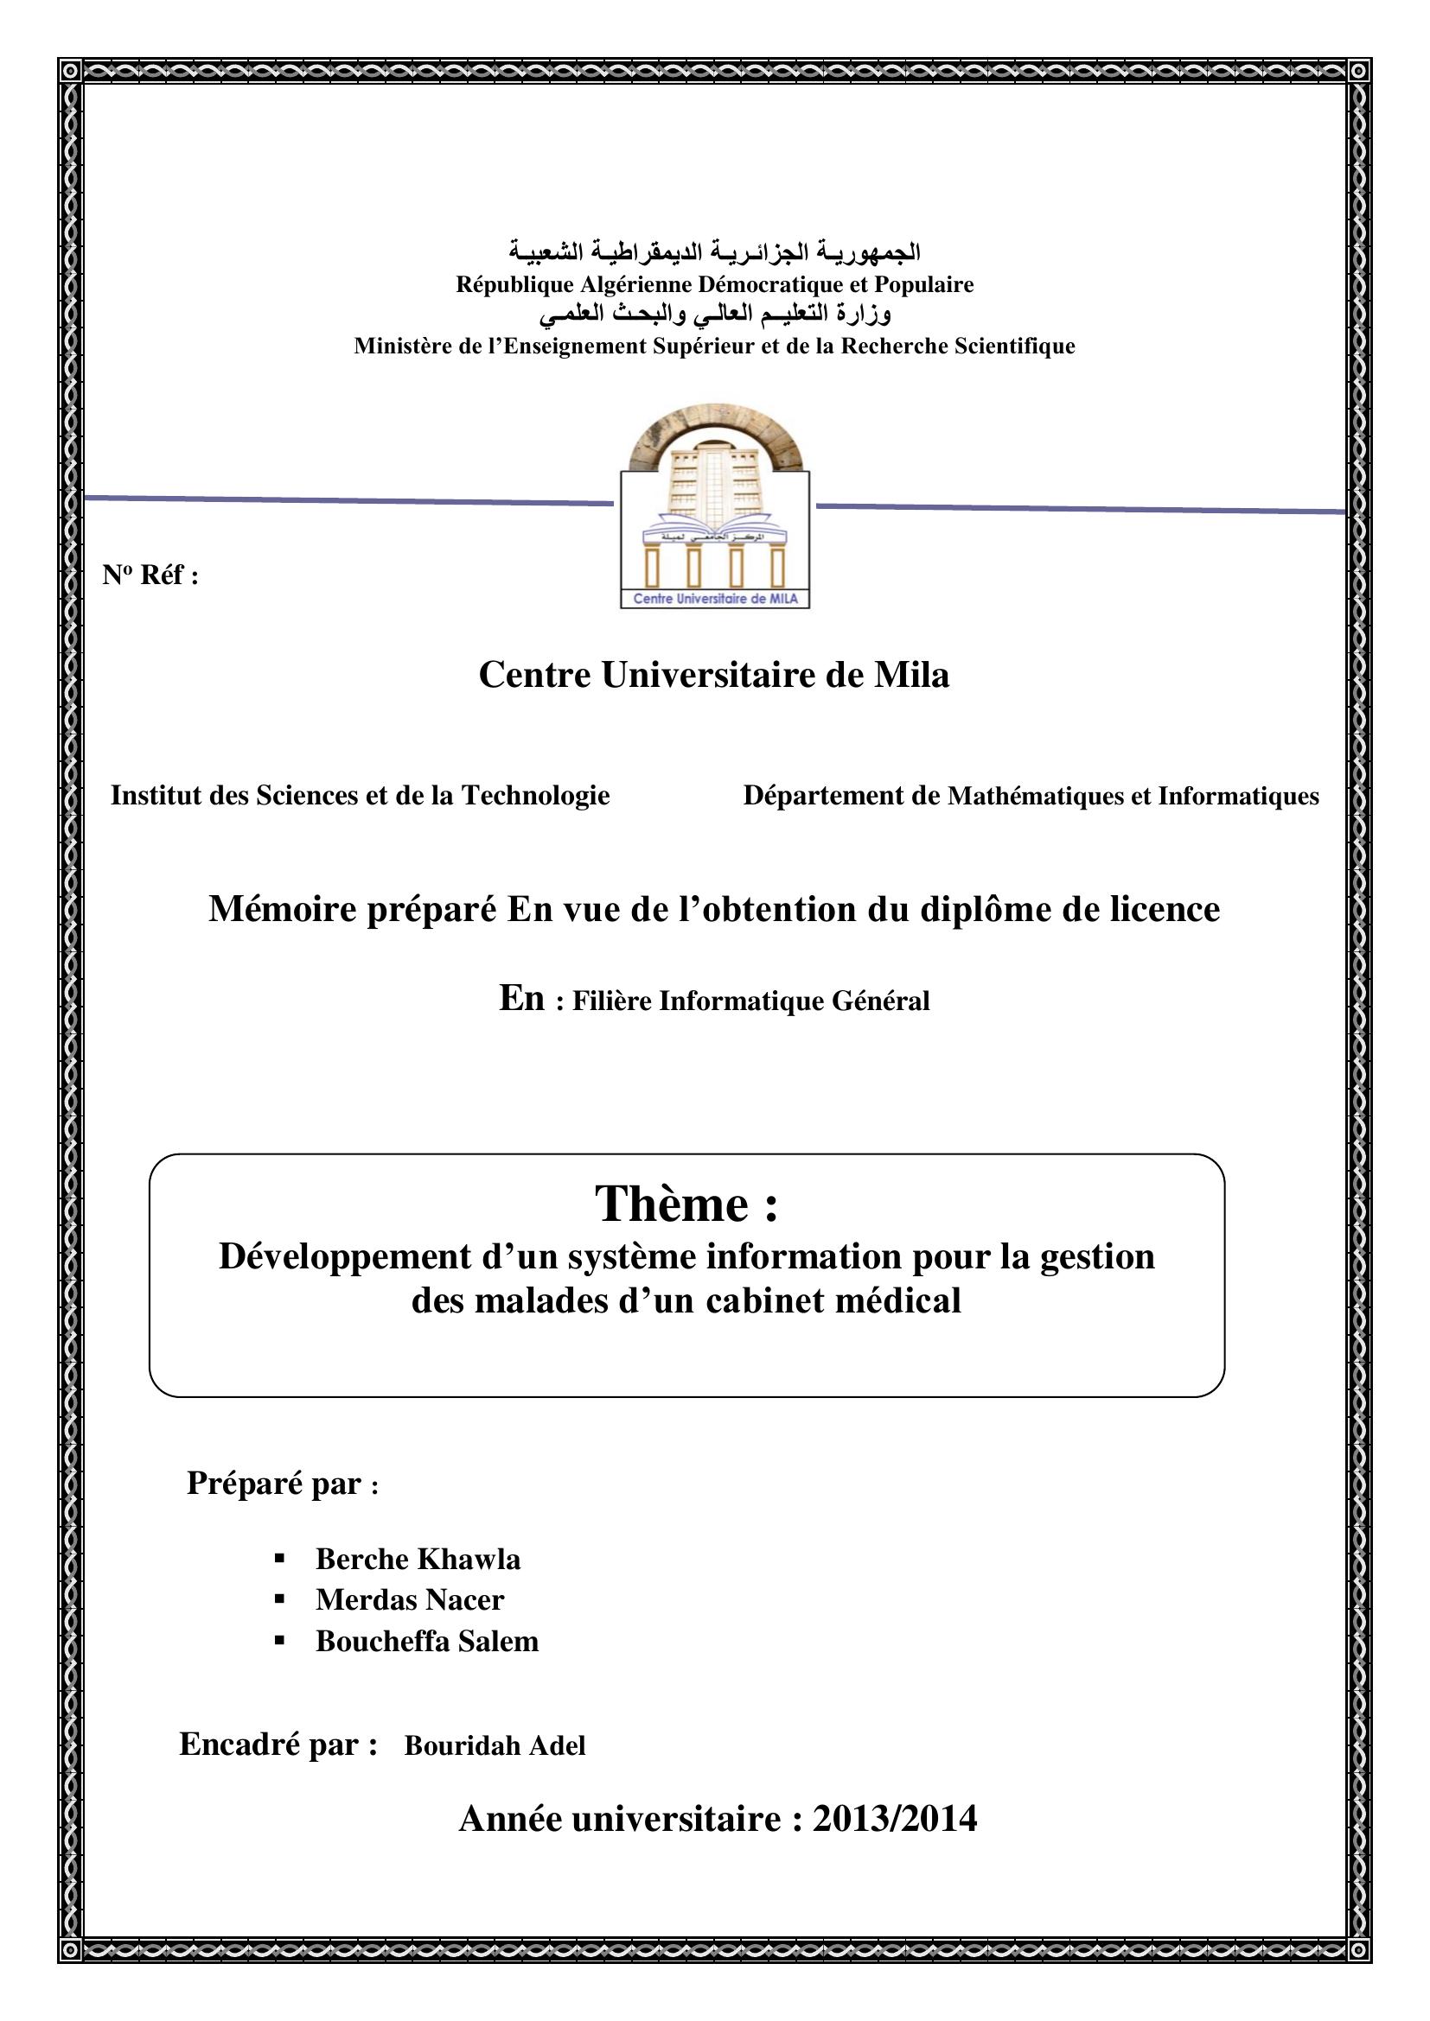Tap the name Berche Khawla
pyautogui.click(x=418, y=1559)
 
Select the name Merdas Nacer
pyautogui.click(x=410, y=1599)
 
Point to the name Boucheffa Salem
pyautogui.click(x=427, y=1641)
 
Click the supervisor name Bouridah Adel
pyautogui.click(x=495, y=1745)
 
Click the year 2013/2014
pyautogui.click(x=894, y=1818)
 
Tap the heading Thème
pyautogui.click(x=686, y=1204)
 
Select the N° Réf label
pyautogui.click(x=150, y=575)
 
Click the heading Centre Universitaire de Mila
pyautogui.click(x=714, y=674)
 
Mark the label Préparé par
pyautogui.click(x=275, y=1484)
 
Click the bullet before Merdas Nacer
pyautogui.click(x=280, y=1599)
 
